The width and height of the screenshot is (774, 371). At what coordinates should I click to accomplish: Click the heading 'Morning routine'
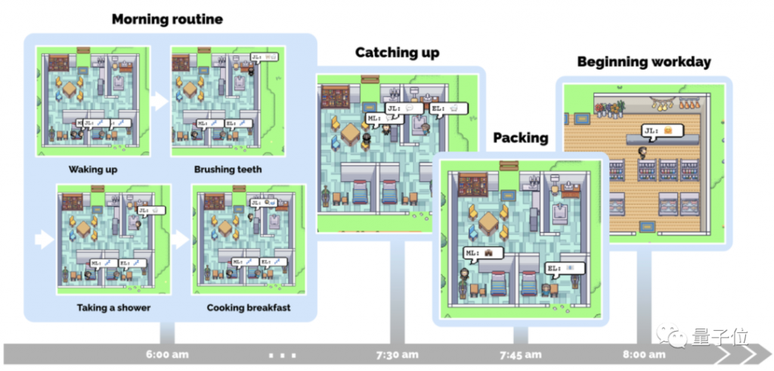pos(167,19)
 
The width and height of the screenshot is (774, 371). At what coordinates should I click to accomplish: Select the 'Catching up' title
pos(397,52)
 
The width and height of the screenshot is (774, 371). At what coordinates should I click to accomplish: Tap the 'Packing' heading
pos(520,138)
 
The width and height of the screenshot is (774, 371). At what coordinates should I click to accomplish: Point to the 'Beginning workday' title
pos(644,61)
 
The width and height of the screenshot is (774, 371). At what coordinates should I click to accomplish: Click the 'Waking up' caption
pos(93,170)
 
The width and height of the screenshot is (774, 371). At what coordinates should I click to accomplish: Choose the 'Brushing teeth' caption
pos(228,170)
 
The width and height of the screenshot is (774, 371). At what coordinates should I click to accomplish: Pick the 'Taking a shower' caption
pos(113,307)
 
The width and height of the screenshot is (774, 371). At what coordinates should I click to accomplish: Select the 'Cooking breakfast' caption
pos(249,307)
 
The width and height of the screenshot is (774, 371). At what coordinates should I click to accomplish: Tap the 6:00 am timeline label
pos(167,354)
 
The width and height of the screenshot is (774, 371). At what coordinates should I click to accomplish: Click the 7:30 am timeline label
pos(397,354)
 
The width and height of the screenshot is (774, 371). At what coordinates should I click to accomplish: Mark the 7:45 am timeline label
pos(520,354)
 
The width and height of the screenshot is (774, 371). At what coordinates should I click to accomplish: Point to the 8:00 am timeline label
pos(644,354)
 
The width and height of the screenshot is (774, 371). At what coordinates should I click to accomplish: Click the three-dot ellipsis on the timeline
pos(282,354)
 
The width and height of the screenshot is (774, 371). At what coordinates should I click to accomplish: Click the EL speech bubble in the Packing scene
pos(562,268)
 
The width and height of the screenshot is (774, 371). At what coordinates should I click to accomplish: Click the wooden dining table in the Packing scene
pos(489,222)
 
